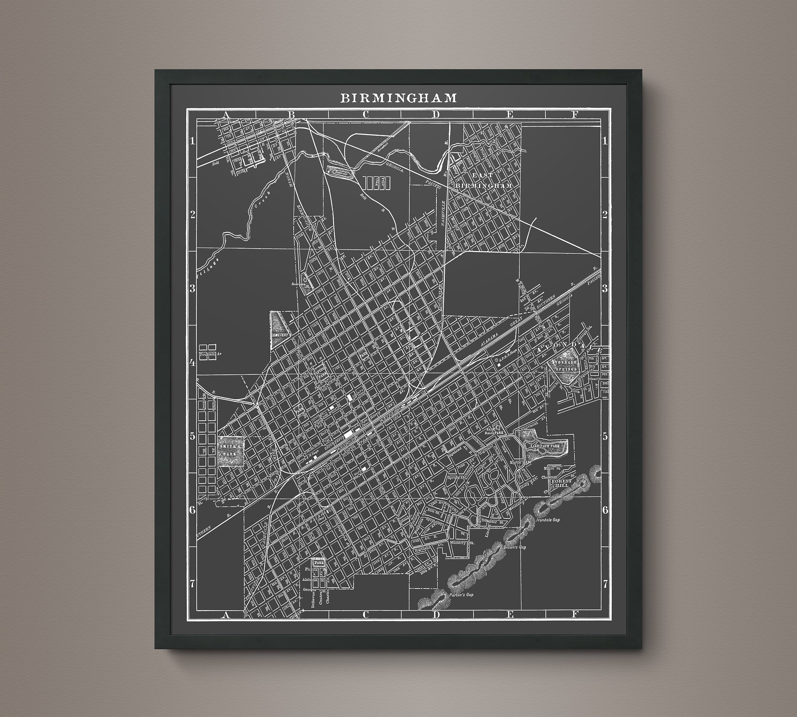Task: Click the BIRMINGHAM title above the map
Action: pos(398,98)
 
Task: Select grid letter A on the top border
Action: pos(226,115)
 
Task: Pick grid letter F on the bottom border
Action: pos(575,614)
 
